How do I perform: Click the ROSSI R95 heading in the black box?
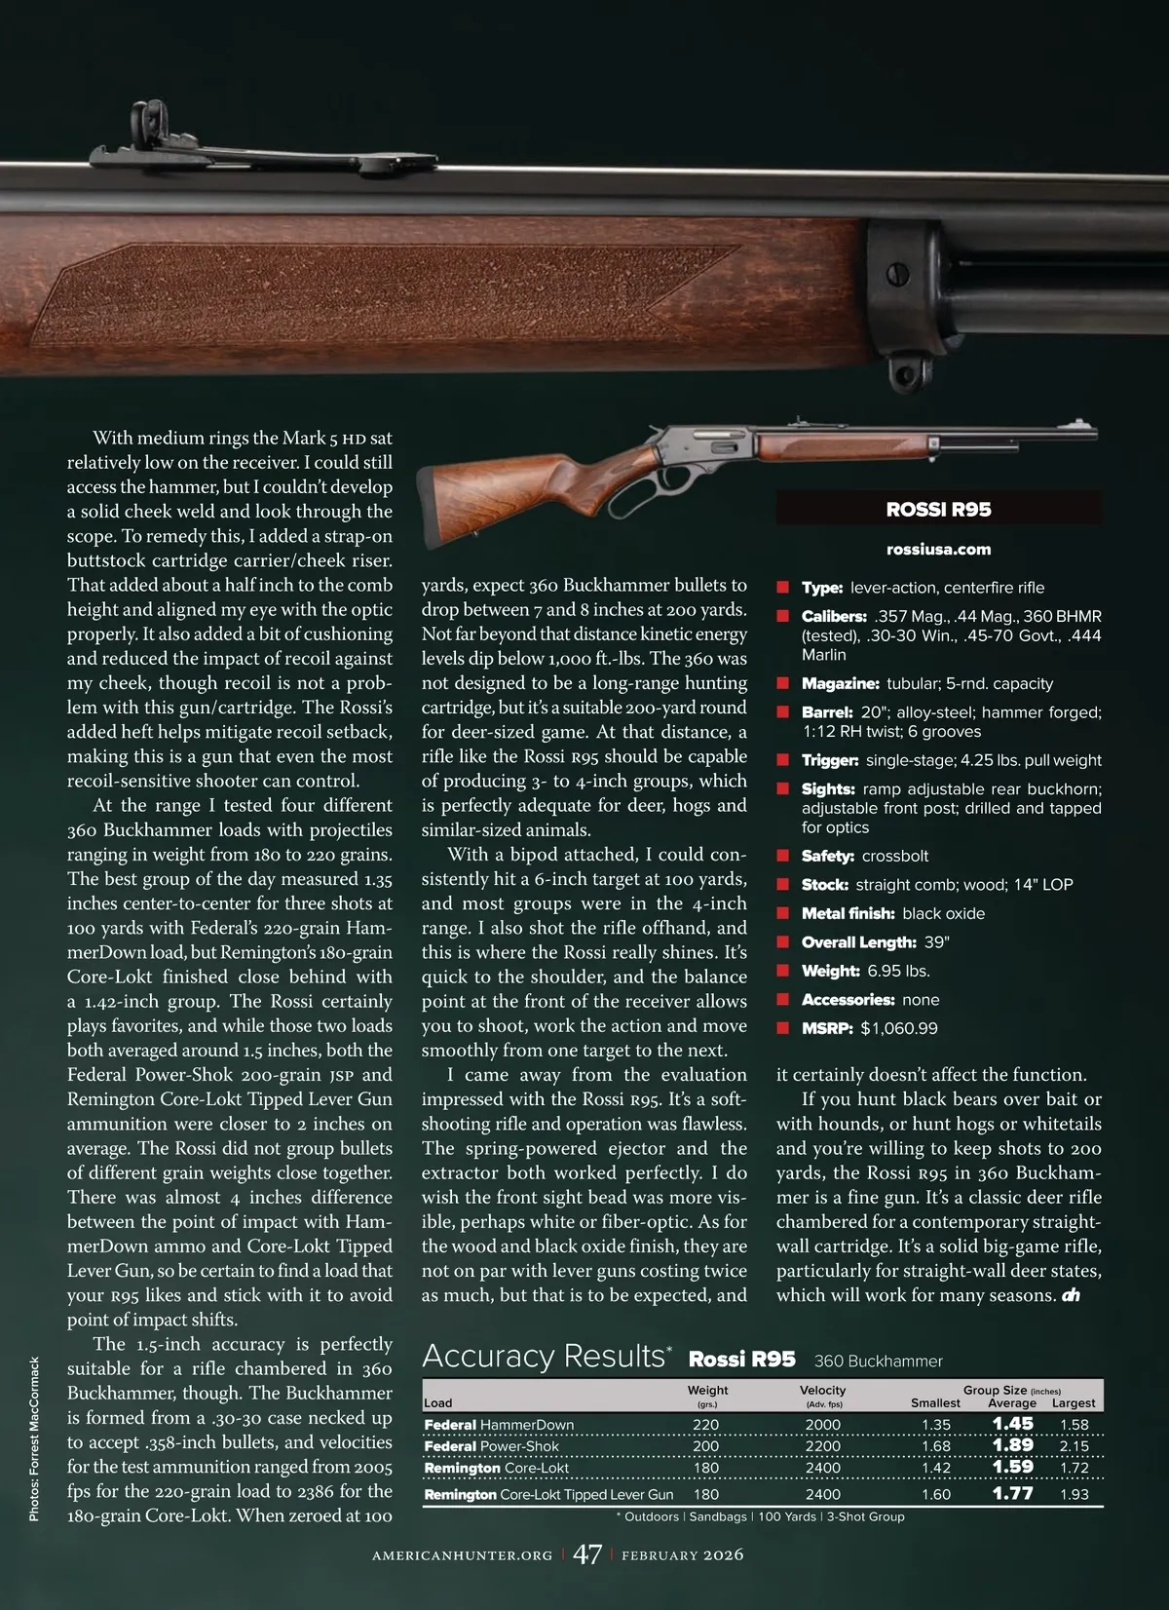tap(938, 509)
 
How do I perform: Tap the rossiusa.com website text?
tap(938, 549)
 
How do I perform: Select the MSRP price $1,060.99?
tap(898, 1028)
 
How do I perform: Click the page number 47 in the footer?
tap(586, 1553)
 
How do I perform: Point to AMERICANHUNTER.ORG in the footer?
tap(462, 1554)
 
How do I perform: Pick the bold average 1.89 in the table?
tap(1012, 1445)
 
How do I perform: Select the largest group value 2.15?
tap(1074, 1446)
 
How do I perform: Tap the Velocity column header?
tap(822, 1390)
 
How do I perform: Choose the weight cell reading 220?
tap(705, 1424)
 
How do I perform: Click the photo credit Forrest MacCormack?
tap(35, 1438)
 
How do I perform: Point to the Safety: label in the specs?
tap(827, 856)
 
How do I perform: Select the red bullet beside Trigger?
tap(782, 760)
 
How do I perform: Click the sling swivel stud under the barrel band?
tap(905, 376)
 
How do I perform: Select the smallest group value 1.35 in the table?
tap(935, 1424)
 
